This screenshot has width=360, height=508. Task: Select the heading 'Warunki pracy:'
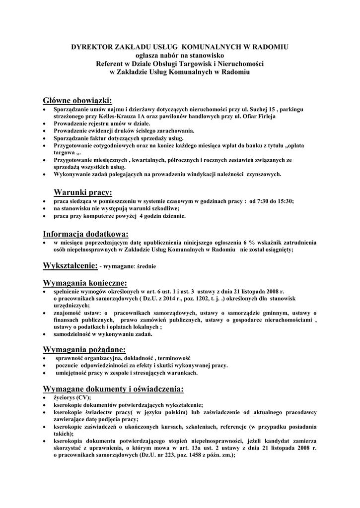click(83, 192)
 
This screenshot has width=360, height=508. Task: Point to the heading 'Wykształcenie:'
click(71, 266)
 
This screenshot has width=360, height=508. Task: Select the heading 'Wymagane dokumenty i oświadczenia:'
click(114, 388)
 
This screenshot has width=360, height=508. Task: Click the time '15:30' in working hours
click(285, 201)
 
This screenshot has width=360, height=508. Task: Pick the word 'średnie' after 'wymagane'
click(146, 267)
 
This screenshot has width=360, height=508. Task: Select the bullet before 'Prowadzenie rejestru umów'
click(45, 123)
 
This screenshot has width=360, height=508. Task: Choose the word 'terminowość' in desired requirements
click(174, 358)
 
